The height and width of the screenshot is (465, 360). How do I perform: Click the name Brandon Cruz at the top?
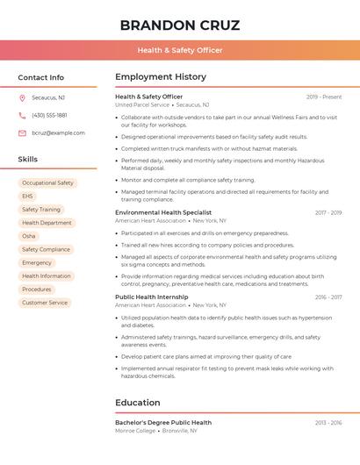click(x=179, y=25)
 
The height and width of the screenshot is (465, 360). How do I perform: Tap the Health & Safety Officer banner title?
click(x=179, y=50)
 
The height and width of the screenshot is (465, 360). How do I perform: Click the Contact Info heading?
click(x=40, y=77)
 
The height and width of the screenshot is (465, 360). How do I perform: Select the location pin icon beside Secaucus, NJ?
click(x=22, y=98)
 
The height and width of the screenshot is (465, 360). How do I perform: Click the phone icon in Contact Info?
click(x=22, y=115)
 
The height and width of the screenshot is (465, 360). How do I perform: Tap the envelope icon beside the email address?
click(x=22, y=132)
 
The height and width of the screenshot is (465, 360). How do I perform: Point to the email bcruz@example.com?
click(x=58, y=132)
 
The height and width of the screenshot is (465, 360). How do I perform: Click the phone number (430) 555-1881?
click(x=49, y=115)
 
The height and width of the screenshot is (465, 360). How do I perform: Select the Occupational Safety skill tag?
click(x=47, y=183)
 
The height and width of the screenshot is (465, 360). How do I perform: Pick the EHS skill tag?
click(x=27, y=197)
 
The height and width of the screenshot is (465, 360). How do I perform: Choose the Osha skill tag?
click(x=29, y=236)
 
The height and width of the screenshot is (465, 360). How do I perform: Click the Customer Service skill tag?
click(x=45, y=303)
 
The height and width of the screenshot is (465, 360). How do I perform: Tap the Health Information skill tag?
click(x=47, y=275)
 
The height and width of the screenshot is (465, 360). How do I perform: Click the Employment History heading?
click(x=160, y=77)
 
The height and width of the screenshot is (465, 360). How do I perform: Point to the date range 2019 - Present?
click(x=324, y=97)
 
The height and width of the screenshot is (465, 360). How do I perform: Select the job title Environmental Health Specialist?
click(x=162, y=212)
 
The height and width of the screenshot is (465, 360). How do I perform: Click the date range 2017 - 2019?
click(x=328, y=212)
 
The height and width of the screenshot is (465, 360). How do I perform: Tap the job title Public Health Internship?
click(x=150, y=297)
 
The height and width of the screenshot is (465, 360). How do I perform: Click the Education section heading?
click(x=137, y=403)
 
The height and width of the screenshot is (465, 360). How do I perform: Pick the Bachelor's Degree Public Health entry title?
click(x=162, y=422)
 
